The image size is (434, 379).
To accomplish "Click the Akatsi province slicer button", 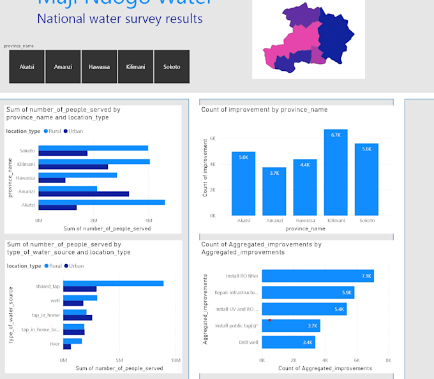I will tap(27, 67).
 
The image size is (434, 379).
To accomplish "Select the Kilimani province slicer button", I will tap(135, 67).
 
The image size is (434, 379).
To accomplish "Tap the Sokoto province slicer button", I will tap(172, 67).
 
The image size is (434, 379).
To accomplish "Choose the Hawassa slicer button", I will tap(99, 67).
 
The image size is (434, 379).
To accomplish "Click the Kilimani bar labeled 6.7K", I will tap(336, 172).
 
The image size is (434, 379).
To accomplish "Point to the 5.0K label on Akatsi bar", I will tap(243, 157).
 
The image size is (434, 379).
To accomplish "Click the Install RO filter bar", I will tap(317, 276).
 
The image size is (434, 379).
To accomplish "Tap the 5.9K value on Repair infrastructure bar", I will tap(347, 293).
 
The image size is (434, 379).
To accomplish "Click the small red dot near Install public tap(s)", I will tap(270, 320).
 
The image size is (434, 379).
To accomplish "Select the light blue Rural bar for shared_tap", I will tap(113, 283).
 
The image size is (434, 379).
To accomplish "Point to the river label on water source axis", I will tap(54, 344).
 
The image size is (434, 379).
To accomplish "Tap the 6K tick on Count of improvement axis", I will tap(212, 138).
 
